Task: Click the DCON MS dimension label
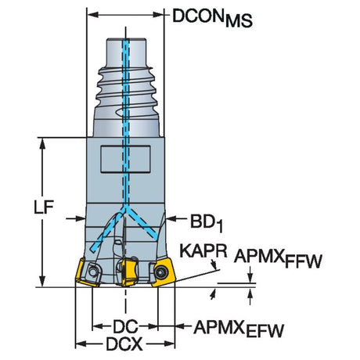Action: (x=212, y=18)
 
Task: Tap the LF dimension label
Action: (x=44, y=207)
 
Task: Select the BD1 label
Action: (x=207, y=223)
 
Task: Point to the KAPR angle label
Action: (x=203, y=251)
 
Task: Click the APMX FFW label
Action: (x=278, y=258)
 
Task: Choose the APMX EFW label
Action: (x=239, y=329)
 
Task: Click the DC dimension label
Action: (x=125, y=326)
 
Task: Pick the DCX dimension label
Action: (x=124, y=344)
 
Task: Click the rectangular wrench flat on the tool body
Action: (x=125, y=159)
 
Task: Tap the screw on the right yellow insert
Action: (x=160, y=272)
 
